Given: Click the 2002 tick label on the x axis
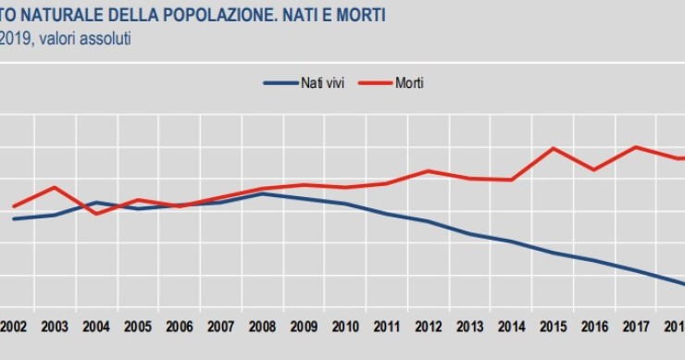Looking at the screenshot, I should pos(13,327).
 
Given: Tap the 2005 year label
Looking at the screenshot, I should pos(139,327).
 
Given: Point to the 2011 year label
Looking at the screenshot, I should pos(386,327).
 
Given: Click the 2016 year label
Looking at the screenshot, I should pos(594,327).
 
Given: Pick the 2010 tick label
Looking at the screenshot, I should pos(345,327).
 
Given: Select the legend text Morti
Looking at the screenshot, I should pos(410,83).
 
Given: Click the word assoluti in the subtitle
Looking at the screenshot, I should pos(104,39).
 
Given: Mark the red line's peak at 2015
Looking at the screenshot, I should pos(553,148).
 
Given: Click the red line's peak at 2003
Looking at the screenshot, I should pos(55,187).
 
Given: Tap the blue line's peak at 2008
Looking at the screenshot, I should pos(264,193).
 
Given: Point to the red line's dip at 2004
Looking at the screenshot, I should pos(96,214).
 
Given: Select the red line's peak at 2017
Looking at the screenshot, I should pos(635,147).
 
